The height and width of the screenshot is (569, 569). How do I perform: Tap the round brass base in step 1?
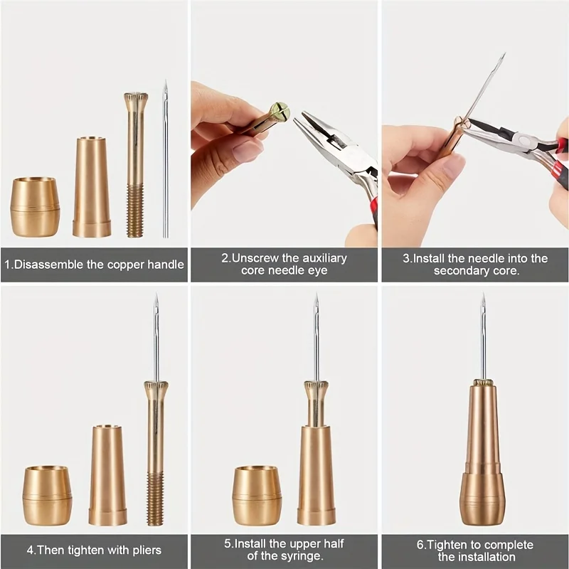[35, 207]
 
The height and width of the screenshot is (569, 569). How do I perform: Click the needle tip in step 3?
[502, 56]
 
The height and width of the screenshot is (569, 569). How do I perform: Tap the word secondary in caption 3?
[463, 271]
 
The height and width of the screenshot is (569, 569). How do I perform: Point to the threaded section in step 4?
[154, 498]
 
